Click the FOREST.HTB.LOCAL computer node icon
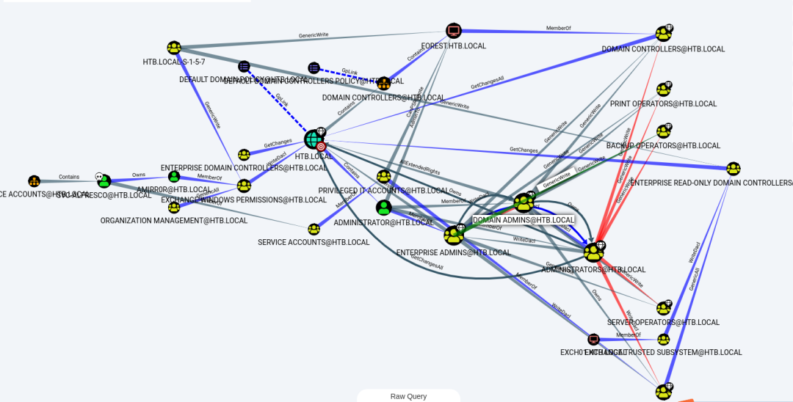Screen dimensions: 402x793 coord(454,31)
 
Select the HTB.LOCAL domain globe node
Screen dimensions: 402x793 coord(314,138)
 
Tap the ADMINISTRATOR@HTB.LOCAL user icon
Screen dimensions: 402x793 coord(383,208)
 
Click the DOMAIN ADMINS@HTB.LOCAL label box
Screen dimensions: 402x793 coord(524,220)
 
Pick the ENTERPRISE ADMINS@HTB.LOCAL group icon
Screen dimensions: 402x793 coord(453,235)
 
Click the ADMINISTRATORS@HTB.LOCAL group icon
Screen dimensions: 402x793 coord(593,252)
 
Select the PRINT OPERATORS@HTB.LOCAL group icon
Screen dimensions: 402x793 coord(664,89)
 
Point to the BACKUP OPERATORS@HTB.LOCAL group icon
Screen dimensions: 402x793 coord(664,131)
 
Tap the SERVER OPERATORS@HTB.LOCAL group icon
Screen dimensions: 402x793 coord(664,308)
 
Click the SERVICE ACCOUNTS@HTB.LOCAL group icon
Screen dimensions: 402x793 coord(314,230)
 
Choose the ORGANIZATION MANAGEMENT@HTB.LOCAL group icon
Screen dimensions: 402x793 coord(174,208)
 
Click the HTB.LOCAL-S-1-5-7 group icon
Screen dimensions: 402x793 coord(174,48)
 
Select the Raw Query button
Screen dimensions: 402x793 coord(408,396)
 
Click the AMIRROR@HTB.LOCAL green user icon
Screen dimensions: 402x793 coord(174,177)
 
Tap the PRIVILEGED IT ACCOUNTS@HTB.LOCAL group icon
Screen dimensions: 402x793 coord(383,176)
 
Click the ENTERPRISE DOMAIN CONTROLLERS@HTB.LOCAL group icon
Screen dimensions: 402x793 coord(244,155)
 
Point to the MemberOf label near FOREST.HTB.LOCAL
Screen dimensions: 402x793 coord(557,29)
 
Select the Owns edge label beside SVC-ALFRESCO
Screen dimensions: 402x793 coord(139,175)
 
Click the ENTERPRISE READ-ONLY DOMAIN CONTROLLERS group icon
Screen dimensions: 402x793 coord(733,169)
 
